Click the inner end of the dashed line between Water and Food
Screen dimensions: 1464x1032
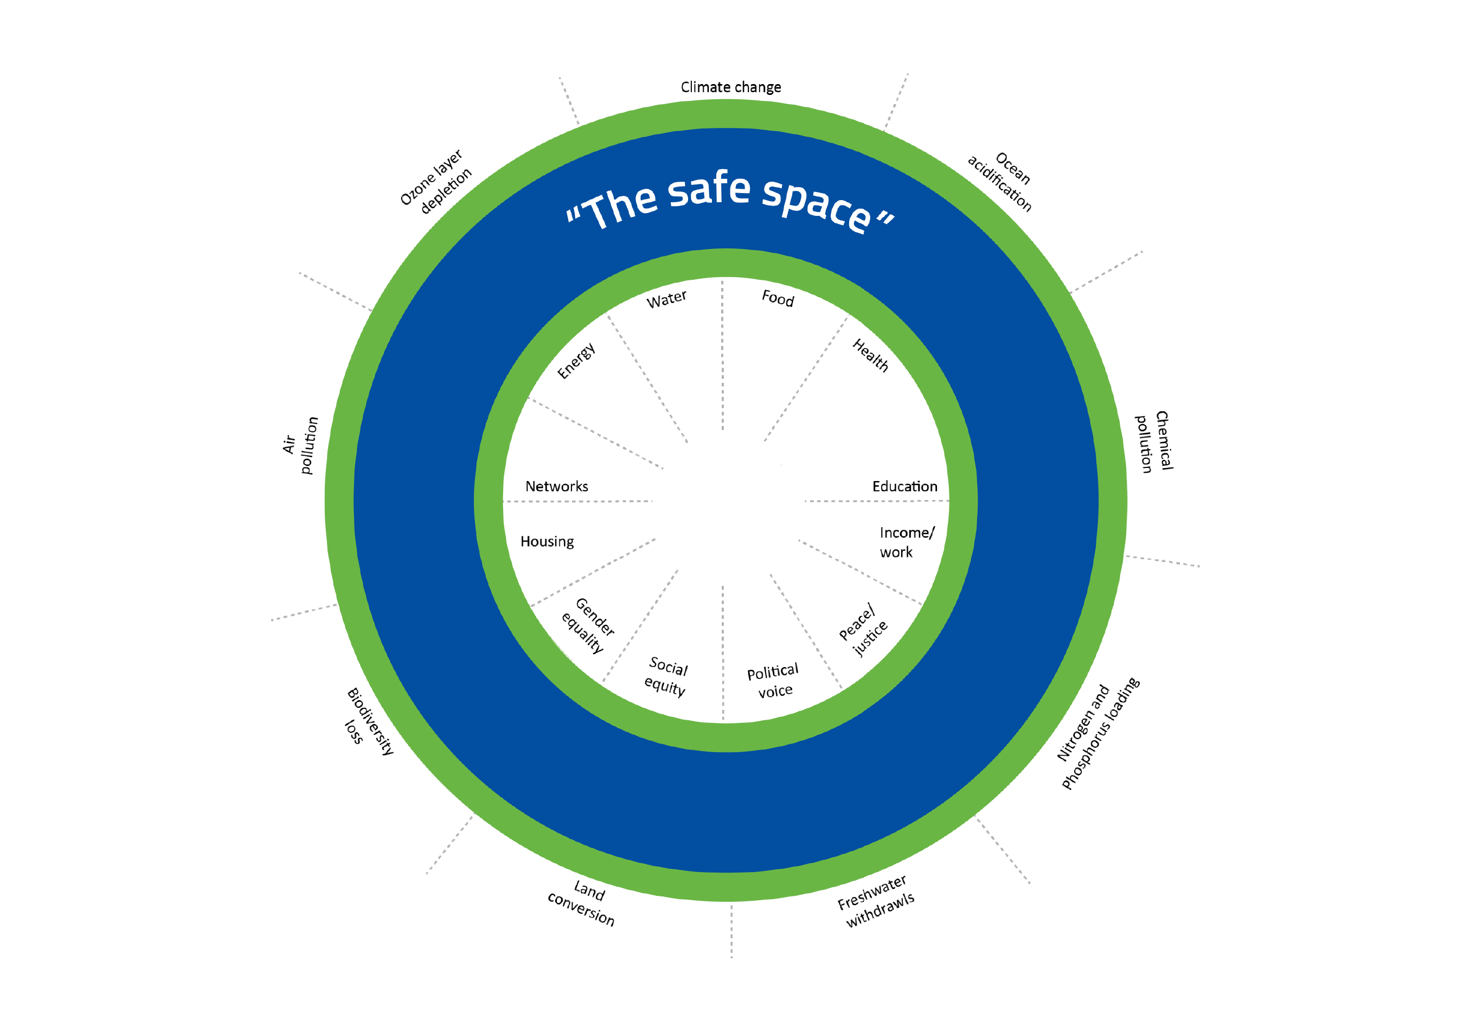tap(722, 431)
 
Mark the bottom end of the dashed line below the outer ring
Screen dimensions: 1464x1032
tap(731, 957)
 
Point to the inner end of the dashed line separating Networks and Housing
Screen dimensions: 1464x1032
tap(652, 501)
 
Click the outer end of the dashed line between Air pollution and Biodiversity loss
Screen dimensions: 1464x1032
tap(272, 620)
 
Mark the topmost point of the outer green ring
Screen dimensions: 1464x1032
tap(725, 99)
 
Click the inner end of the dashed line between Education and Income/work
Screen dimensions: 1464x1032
tap(805, 501)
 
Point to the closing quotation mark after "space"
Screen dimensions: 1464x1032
tap(885, 220)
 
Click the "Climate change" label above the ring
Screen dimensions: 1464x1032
tap(731, 87)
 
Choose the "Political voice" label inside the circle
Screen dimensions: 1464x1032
tap(773, 681)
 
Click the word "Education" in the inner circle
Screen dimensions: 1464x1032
tap(905, 486)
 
